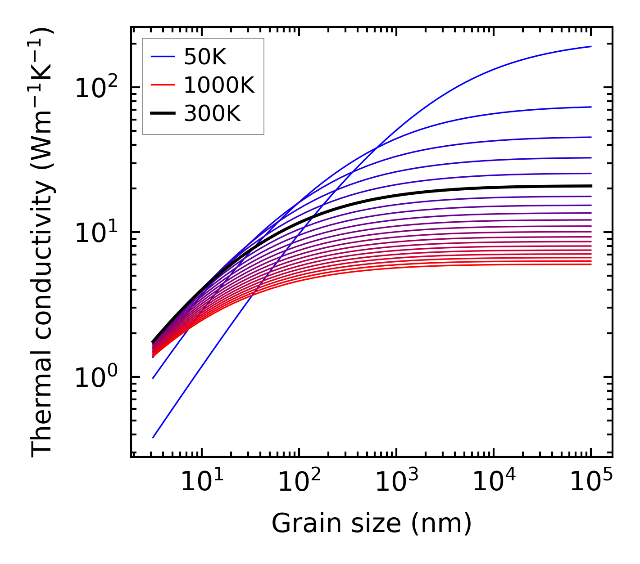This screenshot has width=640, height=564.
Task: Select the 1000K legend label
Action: point(219,85)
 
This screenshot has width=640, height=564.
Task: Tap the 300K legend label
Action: point(212,114)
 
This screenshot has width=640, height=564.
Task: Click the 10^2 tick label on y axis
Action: point(96,87)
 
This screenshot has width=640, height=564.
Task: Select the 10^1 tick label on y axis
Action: point(96,233)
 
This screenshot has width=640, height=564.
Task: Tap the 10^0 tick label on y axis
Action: point(96,377)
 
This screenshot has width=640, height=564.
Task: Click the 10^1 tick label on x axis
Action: point(202,482)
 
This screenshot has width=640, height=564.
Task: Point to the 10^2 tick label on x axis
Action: point(299,482)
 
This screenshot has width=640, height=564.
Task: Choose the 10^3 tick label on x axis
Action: point(396,482)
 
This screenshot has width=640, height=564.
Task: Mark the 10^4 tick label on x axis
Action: point(494,482)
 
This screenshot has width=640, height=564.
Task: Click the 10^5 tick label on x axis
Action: point(591,482)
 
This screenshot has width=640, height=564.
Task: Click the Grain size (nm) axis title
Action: point(372,524)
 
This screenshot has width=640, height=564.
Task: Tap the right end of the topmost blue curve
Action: point(590,46)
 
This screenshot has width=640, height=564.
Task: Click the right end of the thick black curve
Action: point(590,186)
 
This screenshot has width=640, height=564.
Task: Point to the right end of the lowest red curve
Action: point(590,264)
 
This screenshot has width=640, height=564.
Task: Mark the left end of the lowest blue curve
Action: point(153,437)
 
